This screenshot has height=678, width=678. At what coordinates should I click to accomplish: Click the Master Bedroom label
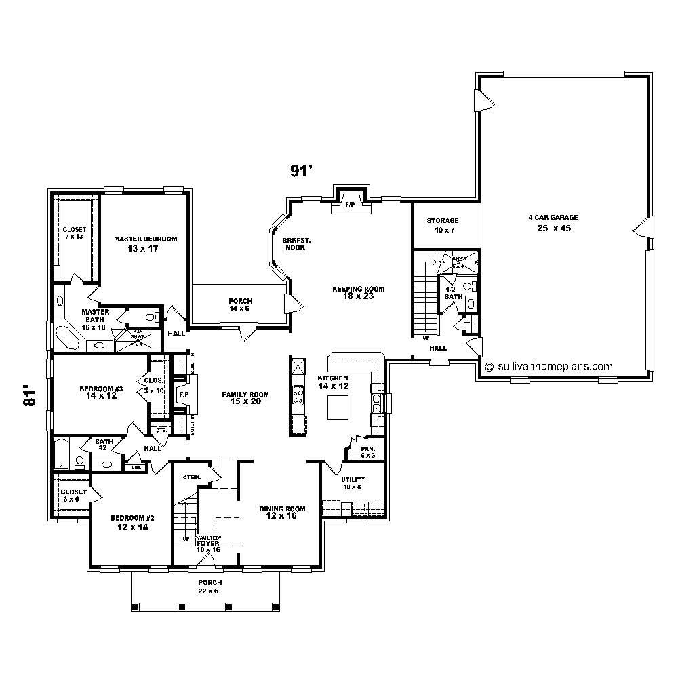(x=145, y=243)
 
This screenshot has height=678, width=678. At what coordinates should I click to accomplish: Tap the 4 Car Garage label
(x=553, y=222)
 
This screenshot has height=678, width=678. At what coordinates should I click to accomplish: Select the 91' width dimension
(x=300, y=172)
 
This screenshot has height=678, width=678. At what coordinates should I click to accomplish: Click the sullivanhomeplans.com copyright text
(x=549, y=366)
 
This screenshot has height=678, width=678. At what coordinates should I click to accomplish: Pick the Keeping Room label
(x=358, y=292)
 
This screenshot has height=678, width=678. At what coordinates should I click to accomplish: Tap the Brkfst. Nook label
(x=296, y=244)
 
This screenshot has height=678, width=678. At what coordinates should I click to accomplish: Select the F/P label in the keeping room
(x=351, y=204)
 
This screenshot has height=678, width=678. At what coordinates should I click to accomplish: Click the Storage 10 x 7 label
(x=443, y=225)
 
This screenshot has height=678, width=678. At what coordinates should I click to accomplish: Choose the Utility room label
(x=353, y=483)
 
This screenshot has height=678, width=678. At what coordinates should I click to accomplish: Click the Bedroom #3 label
(x=101, y=392)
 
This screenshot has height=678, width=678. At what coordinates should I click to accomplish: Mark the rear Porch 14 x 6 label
(x=240, y=304)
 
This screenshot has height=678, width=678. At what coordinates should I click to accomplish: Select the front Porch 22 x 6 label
(x=210, y=586)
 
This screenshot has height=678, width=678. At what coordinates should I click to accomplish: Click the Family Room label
(x=245, y=398)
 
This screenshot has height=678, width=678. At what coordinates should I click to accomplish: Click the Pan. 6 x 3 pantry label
(x=367, y=452)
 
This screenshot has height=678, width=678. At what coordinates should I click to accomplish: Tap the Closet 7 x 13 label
(x=74, y=233)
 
